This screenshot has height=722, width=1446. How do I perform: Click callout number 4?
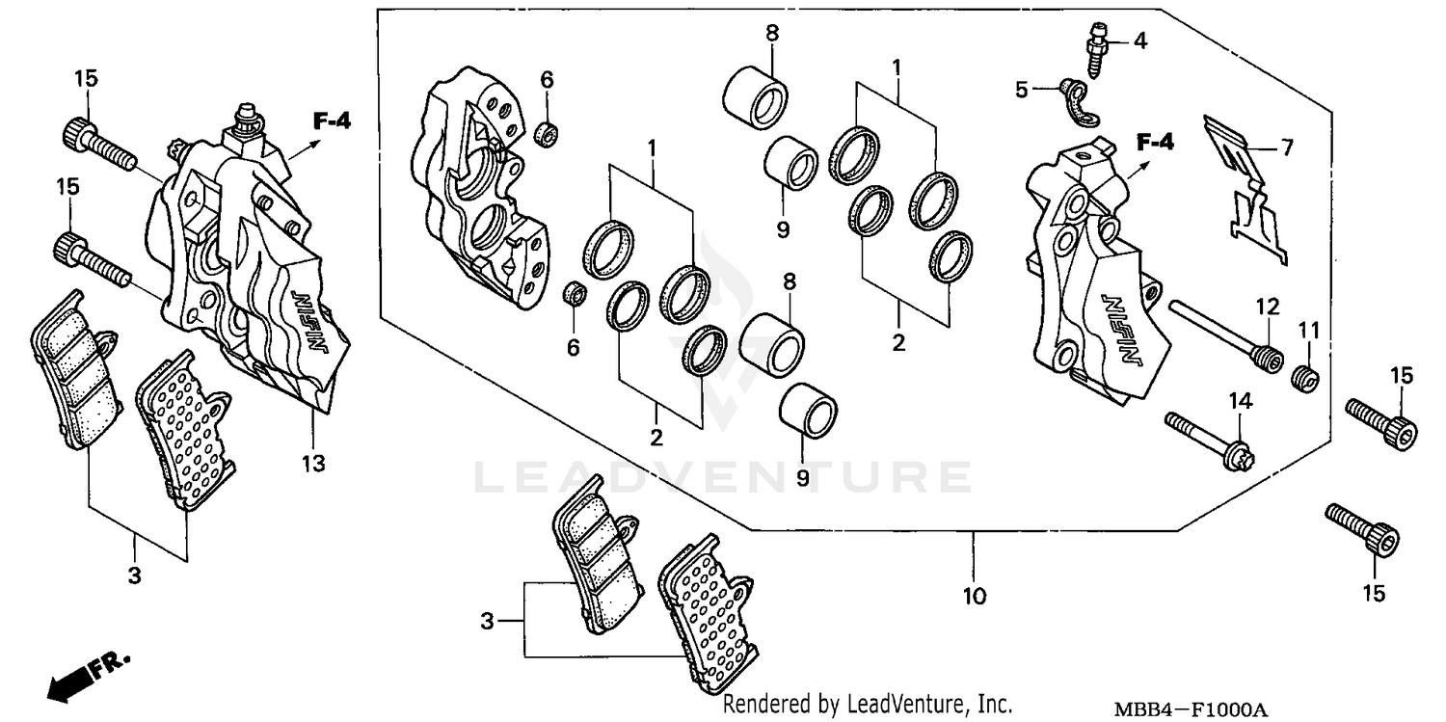tap(1140, 40)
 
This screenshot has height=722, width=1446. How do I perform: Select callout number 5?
tap(1022, 90)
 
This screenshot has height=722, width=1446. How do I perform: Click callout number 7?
tap(1285, 147)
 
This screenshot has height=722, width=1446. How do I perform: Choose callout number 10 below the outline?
tap(974, 597)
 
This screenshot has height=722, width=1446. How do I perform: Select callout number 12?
tap(1266, 308)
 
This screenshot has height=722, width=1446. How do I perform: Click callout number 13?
tap(310, 464)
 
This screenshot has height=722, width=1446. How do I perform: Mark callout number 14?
tap(1239, 400)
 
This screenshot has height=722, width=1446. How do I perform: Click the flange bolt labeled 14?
tap(1205, 439)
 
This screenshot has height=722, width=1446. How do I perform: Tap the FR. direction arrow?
tap(87, 675)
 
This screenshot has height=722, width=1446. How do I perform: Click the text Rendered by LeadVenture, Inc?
tap(868, 705)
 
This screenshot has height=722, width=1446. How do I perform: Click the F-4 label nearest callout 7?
tap(1155, 144)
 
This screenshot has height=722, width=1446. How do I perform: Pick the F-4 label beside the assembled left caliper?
tap(332, 120)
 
